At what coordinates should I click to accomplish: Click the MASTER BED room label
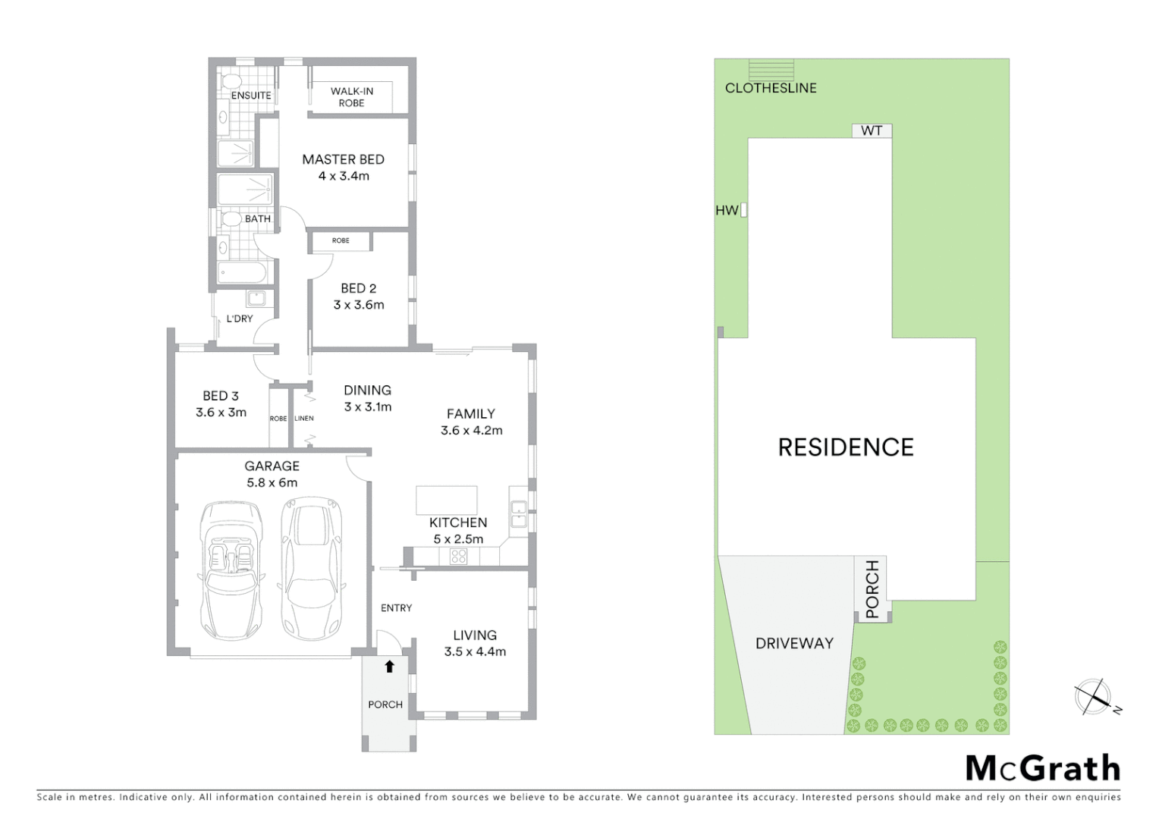343,159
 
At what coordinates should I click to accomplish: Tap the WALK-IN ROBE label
351,97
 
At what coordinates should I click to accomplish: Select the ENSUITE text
250,96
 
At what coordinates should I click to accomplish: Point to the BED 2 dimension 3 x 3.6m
359,305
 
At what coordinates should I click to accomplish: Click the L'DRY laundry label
240,318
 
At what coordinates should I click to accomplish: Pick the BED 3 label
221,396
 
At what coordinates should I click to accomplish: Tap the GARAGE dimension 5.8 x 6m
272,482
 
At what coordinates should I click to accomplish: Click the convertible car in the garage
232,569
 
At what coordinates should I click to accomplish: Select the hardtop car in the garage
310,569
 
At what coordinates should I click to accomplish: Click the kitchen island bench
446,500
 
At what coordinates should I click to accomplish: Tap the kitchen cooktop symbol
458,557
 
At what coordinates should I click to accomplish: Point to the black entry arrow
389,667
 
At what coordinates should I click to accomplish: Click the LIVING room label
475,635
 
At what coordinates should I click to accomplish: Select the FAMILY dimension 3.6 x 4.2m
471,430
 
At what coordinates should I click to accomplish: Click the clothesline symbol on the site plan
771,70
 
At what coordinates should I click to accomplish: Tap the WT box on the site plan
872,130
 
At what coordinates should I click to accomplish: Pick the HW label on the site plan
727,211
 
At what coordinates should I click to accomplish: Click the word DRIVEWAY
794,643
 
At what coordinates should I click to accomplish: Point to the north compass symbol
1094,697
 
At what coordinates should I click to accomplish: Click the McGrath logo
1043,768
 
